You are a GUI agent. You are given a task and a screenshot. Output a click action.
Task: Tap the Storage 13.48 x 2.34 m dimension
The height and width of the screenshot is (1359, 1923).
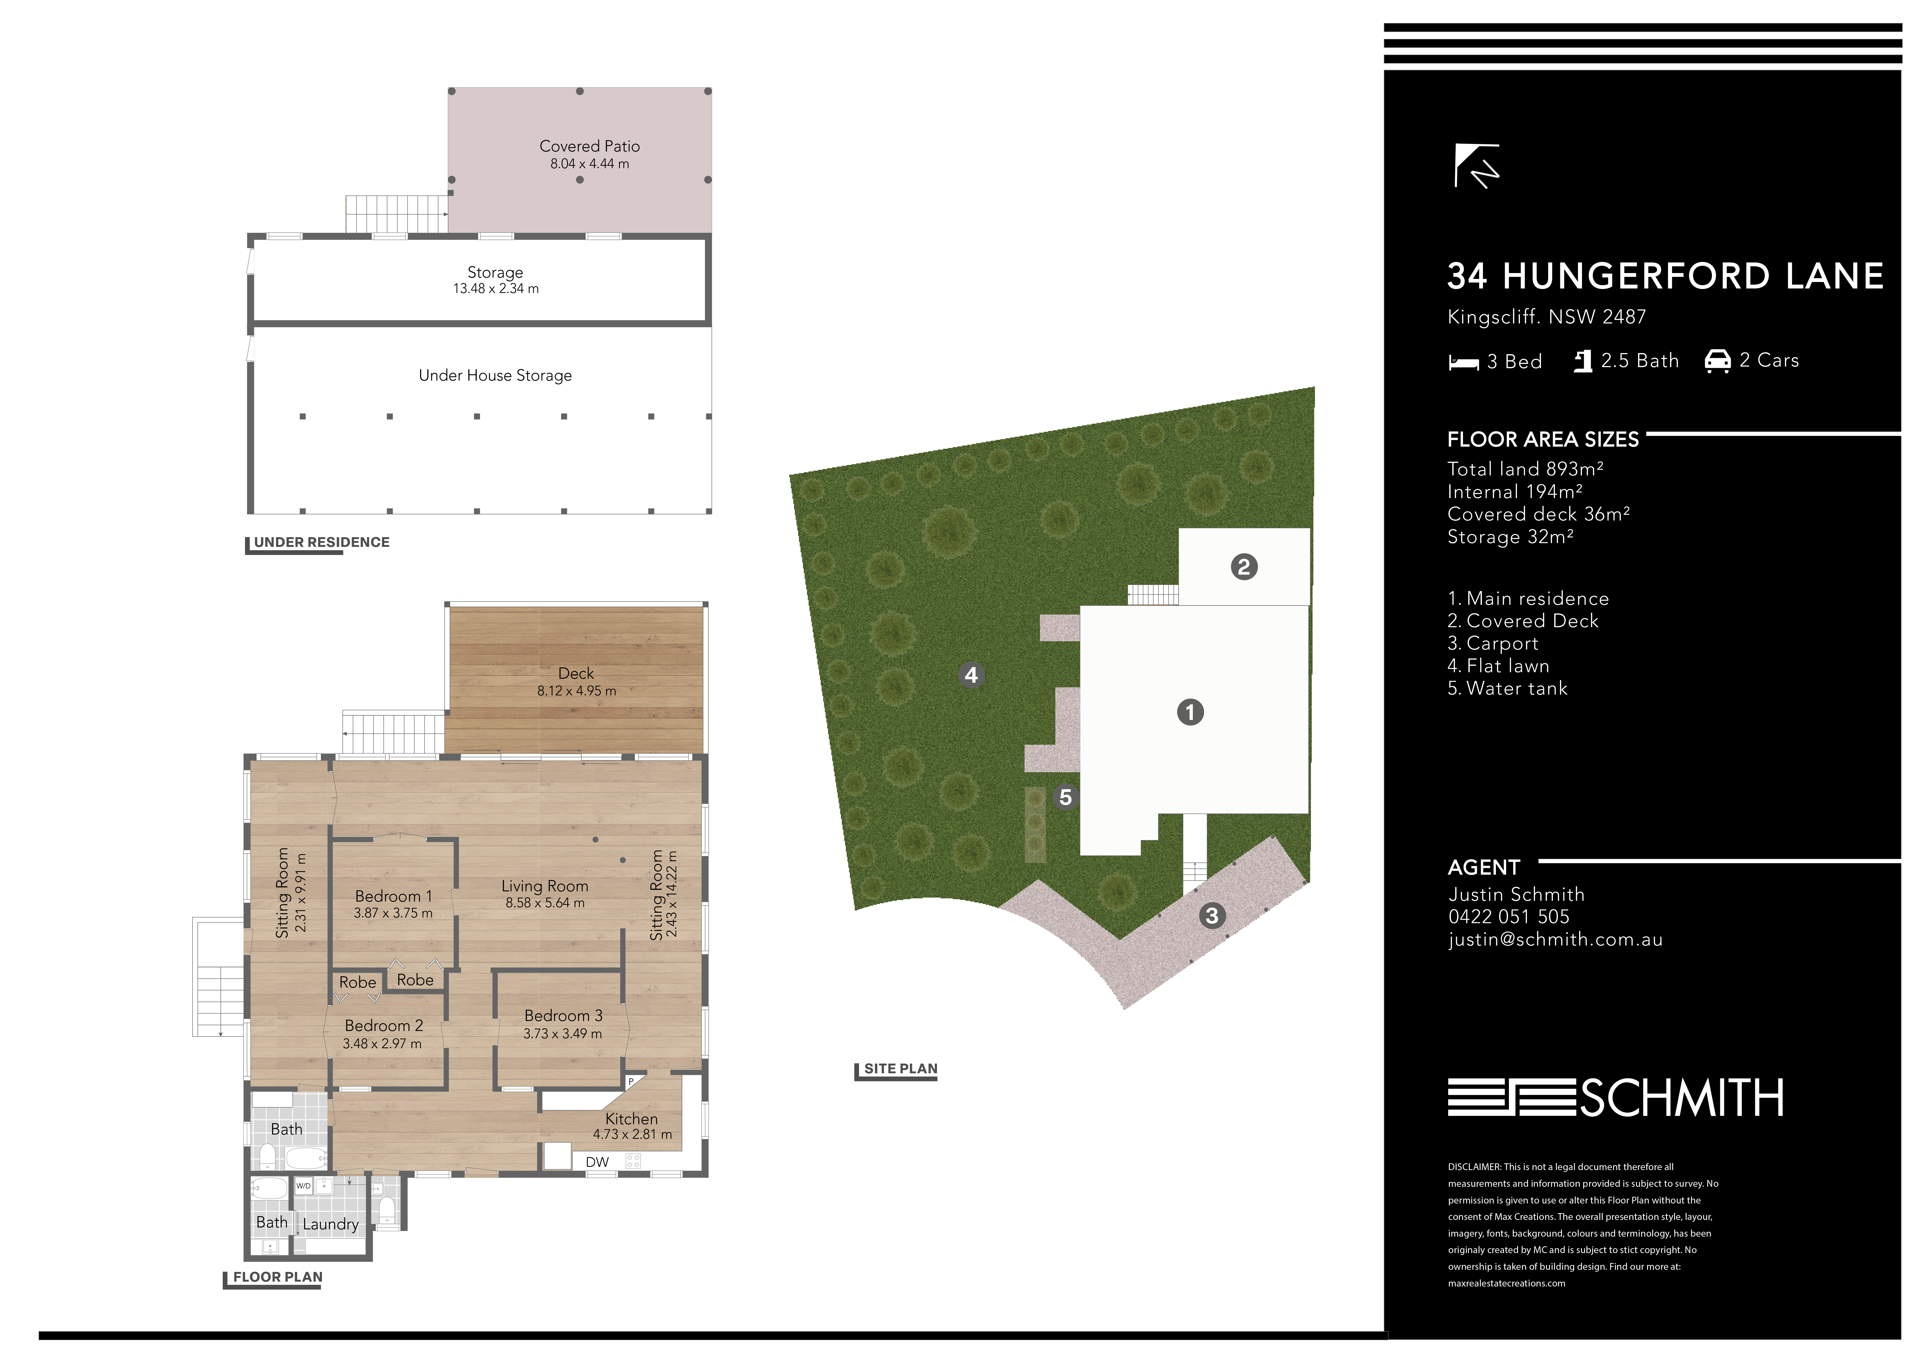coord(496,289)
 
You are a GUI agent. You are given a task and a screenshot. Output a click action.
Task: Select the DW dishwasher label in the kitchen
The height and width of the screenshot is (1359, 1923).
coord(597,1162)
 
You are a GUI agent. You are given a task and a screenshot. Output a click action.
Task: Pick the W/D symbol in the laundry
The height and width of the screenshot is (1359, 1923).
coord(303,1186)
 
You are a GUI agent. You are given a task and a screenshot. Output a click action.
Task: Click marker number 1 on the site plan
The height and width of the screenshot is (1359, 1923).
coord(1190,713)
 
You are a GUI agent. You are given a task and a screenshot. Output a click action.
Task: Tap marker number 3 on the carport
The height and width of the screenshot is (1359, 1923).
coord(1212,915)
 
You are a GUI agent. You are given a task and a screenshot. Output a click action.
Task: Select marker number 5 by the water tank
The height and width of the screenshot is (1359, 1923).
coord(1065,797)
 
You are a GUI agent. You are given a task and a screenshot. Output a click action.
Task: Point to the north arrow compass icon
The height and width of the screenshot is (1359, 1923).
coord(1476,166)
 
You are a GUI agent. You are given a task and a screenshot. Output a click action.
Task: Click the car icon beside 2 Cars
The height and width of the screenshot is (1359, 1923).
coord(1718,361)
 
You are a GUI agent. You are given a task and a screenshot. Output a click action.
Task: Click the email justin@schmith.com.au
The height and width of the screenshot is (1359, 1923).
coord(1555,940)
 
